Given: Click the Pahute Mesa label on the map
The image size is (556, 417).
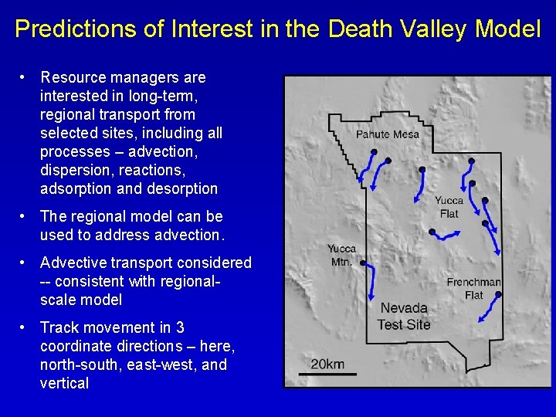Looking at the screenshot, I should click(388, 134).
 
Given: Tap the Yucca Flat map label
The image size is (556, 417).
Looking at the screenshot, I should click(449, 207).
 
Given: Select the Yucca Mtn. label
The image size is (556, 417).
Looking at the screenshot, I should click(341, 255).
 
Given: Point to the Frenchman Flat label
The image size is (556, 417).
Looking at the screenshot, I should click(473, 288).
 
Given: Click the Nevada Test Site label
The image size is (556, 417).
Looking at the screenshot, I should click(403, 316).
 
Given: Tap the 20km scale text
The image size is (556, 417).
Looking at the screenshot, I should click(327, 364).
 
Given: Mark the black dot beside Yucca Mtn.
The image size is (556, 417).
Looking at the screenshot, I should click(362, 263).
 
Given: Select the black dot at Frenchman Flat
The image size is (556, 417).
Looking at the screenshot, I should click(498, 294).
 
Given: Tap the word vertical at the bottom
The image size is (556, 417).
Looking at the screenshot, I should click(64, 383).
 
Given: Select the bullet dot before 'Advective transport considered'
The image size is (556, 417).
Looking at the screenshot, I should click(25, 263).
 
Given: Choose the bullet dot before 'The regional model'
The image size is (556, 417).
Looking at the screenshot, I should click(25, 216).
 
